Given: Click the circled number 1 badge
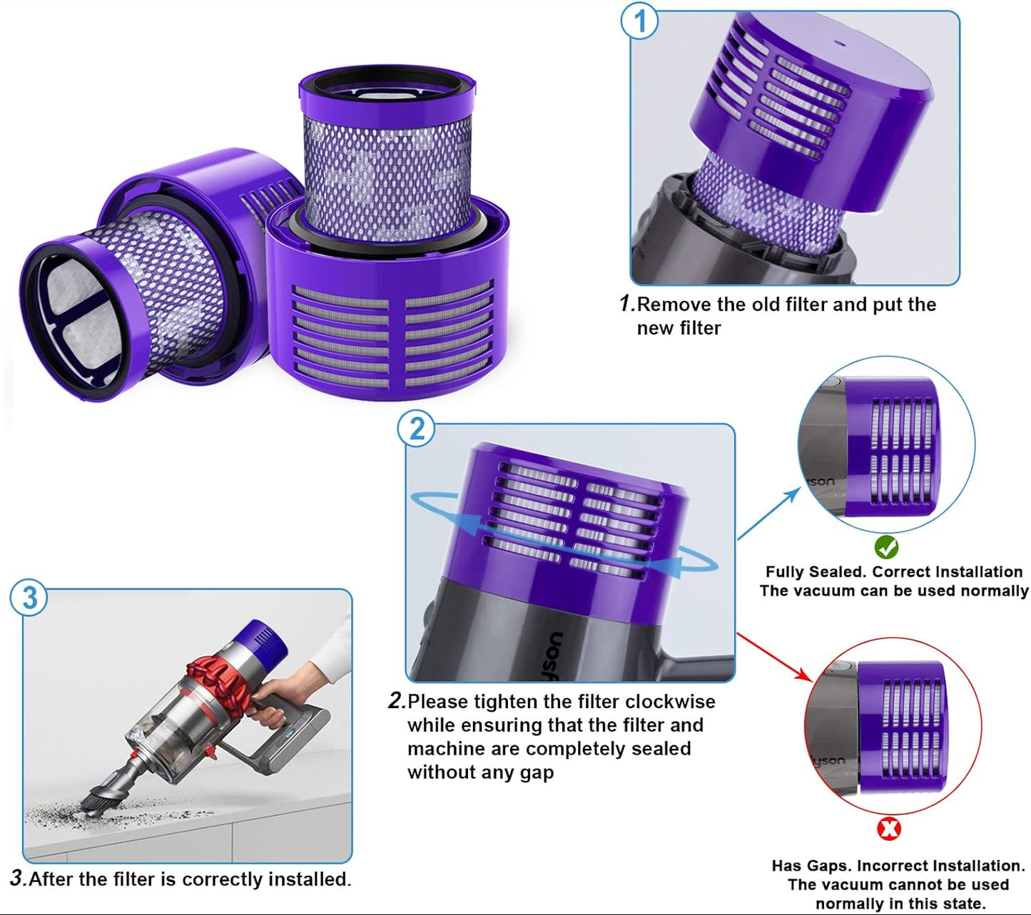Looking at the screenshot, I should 639,21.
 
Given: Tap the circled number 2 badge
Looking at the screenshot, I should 416,429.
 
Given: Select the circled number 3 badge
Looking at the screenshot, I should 29,597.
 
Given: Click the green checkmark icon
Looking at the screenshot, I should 886,548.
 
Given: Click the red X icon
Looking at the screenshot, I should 888,829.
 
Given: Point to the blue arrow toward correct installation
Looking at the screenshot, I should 769,513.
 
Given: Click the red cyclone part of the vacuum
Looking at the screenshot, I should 214,675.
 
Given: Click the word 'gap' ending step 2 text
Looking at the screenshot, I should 537,772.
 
